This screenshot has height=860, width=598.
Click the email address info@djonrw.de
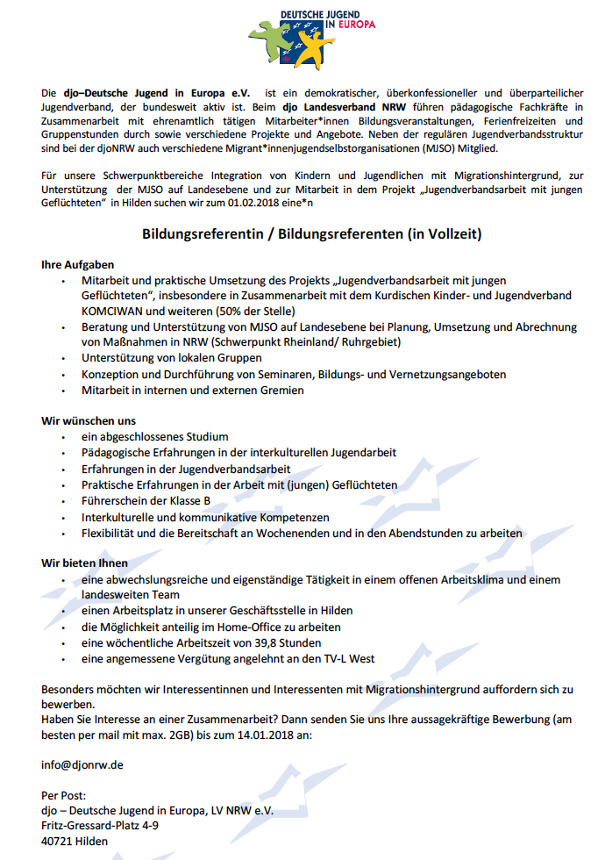tap(82, 764)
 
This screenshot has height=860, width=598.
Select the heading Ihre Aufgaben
tap(77, 264)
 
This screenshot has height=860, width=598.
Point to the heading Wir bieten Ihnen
tap(85, 563)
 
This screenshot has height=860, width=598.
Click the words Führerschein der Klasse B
tap(146, 501)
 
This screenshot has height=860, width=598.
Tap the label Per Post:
tap(64, 795)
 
